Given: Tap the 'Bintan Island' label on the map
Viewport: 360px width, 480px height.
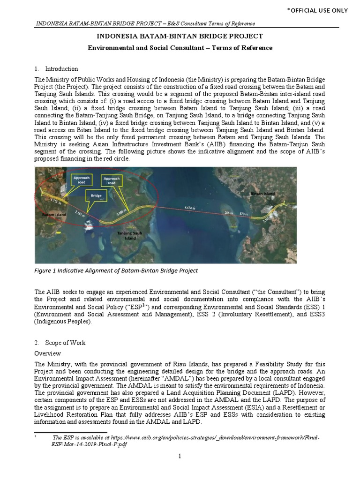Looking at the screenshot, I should tap(262, 193).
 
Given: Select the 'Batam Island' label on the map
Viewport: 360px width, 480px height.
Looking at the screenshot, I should tap(54, 214).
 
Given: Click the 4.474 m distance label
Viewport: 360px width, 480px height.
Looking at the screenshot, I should tap(191, 208).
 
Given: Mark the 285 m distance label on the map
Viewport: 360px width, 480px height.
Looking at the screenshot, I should tap(229, 213).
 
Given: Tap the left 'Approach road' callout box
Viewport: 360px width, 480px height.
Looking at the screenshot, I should tap(81, 180).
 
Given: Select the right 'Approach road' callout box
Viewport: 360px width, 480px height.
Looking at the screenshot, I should tap(111, 180).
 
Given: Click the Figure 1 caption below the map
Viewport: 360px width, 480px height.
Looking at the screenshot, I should tap(116, 270).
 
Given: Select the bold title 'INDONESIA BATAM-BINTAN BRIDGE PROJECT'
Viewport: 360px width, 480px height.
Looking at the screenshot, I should tap(180, 36).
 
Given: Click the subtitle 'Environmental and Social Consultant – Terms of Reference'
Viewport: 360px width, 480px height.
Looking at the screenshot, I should tap(180, 48).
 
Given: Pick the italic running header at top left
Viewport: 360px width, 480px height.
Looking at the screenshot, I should tap(145, 24).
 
